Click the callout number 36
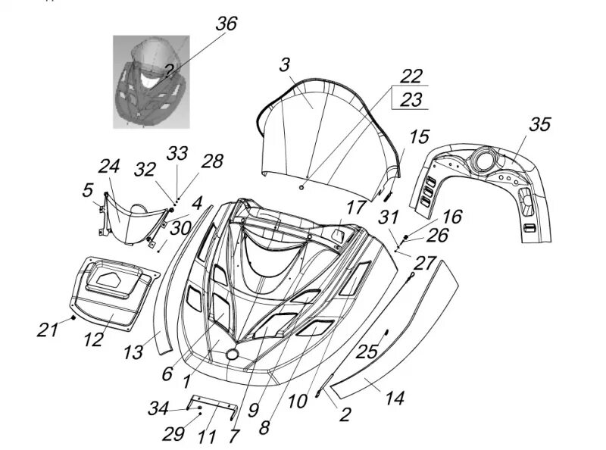(226, 24)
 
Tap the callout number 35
(539, 125)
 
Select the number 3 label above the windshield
(284, 66)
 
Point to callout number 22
(411, 77)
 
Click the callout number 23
(411, 99)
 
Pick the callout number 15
(418, 137)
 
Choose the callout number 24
(111, 166)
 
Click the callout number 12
(93, 339)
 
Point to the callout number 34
(159, 410)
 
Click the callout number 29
(173, 434)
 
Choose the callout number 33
(177, 153)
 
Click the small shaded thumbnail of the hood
(146, 81)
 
